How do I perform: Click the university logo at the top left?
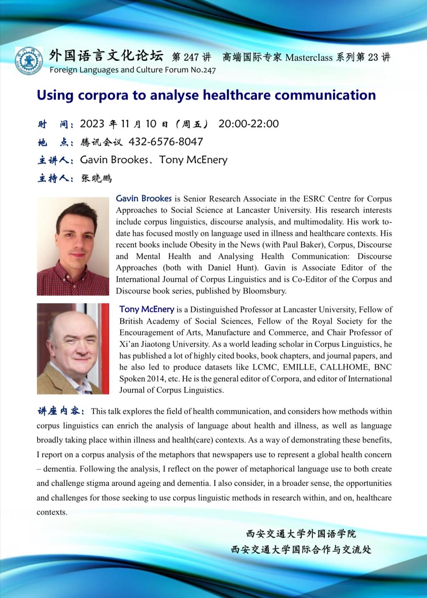pos(29,61)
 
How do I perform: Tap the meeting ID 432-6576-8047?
pos(166,142)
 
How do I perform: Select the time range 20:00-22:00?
pos(249,124)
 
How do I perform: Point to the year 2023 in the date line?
pos(92,124)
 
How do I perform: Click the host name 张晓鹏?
pos(96,178)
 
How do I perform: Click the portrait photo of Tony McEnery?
pos(73,349)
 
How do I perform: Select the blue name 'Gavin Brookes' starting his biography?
pos(144,198)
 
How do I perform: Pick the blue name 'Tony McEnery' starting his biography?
pos(147,309)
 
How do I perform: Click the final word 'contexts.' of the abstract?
pos(52,512)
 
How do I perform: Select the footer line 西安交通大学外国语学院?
pos(301,534)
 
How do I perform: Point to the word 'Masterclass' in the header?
pos(309,57)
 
